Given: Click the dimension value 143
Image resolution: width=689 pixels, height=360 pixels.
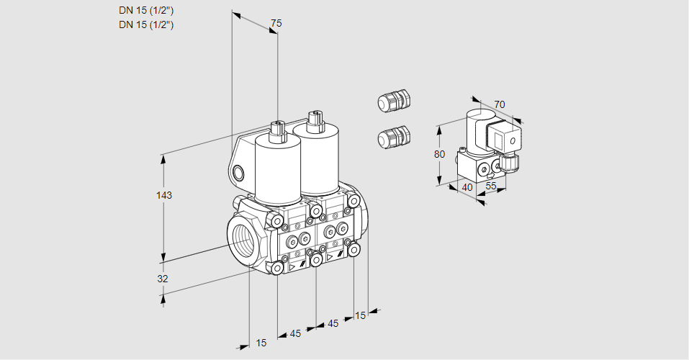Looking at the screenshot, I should [x=165, y=196].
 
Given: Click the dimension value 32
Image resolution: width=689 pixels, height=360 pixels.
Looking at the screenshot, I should [x=163, y=279].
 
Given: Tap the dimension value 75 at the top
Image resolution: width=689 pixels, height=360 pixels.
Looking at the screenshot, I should [x=276, y=24].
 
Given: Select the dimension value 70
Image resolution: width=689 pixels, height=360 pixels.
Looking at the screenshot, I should [x=500, y=104].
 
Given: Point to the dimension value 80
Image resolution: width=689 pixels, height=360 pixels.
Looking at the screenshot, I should [x=441, y=154].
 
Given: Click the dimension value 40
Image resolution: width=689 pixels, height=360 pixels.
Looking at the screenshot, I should [x=467, y=188].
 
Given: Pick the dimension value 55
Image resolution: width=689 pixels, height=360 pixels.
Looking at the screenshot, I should [x=492, y=186].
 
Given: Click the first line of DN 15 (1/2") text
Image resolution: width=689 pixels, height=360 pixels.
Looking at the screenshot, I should [x=146, y=10].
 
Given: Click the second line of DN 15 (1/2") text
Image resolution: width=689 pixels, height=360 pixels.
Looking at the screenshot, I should [x=146, y=24].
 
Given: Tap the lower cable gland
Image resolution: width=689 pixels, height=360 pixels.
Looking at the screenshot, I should [x=394, y=136].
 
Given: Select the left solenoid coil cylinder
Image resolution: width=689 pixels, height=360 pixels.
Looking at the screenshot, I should [x=277, y=170].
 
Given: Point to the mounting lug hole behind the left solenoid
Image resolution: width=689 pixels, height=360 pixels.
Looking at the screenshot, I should [x=239, y=173].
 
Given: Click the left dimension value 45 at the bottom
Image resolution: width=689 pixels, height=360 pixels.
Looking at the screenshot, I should [x=295, y=333].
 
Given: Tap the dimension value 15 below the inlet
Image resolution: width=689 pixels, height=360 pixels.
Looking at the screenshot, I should [x=261, y=343].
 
